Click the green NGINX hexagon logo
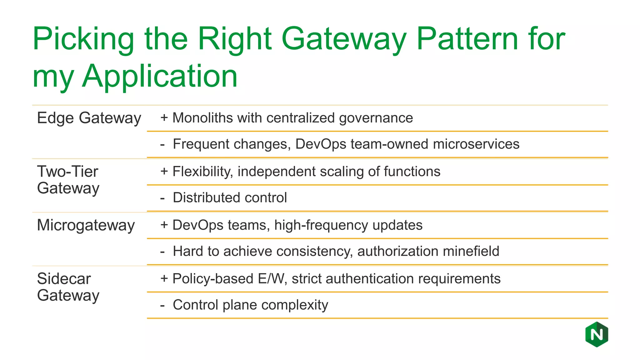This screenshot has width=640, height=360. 597,335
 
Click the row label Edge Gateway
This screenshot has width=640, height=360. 89,118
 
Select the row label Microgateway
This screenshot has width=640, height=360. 86,225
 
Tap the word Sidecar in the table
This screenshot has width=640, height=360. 64,278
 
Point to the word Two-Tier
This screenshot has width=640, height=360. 67,172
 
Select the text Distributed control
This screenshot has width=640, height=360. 230,198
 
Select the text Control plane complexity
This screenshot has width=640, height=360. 250,305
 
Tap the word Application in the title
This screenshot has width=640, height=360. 160,76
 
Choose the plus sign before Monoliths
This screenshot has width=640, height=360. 164,118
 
